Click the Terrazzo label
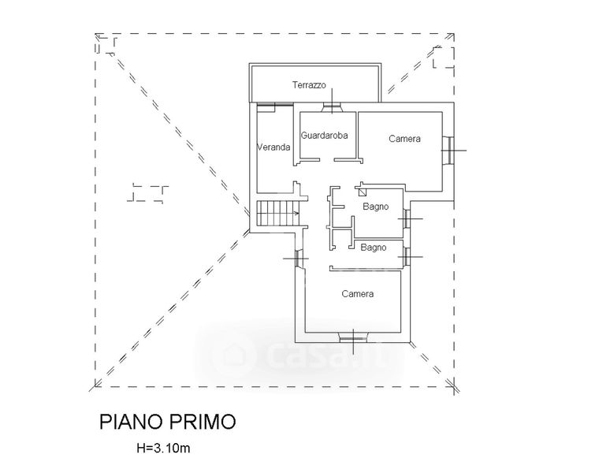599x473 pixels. (x=309, y=85)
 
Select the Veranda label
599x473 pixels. (x=274, y=147)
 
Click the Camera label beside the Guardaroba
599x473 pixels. (x=404, y=139)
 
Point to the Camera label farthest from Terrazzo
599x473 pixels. (x=357, y=294)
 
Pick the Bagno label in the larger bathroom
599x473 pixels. (x=377, y=207)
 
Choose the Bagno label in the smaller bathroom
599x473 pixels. (x=373, y=248)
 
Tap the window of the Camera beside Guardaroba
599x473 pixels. (x=447, y=150)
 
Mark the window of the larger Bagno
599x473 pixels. (x=407, y=218)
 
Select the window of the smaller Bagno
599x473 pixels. (x=407, y=257)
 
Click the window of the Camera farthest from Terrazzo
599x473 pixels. (x=353, y=339)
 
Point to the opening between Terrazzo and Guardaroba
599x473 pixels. (x=334, y=108)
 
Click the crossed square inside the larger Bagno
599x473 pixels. (x=362, y=189)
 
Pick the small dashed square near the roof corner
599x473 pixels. (x=443, y=56)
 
